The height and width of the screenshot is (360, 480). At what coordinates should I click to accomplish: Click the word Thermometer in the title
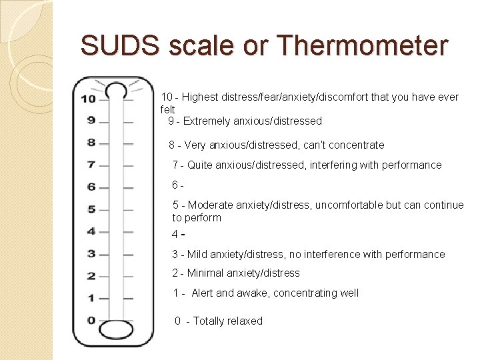tap(362, 46)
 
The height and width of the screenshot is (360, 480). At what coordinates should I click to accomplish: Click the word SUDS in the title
tap(120, 46)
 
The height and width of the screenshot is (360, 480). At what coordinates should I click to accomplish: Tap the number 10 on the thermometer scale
tap(88, 99)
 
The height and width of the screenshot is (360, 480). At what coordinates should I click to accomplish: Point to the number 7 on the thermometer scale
tap(91, 165)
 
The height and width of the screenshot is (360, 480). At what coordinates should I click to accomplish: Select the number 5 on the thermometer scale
tap(91, 209)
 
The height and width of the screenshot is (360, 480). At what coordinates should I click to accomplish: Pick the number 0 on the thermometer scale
tap(91, 320)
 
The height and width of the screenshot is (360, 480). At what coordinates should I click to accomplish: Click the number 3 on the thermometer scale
tap(91, 253)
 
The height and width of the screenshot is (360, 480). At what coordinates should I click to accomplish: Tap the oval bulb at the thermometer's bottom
tap(116, 330)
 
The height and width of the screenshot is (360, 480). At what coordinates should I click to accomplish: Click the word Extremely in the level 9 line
tap(206, 121)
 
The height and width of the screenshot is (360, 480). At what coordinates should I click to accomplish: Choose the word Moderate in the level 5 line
tap(210, 205)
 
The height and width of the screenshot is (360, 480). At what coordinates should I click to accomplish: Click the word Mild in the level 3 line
tap(198, 254)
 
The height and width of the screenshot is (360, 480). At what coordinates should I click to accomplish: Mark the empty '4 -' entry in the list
tap(177, 235)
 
